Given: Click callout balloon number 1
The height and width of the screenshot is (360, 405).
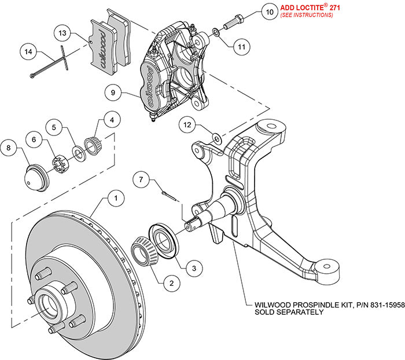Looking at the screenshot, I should pos(116,199).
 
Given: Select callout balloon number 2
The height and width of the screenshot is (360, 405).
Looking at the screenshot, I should pos(169,283).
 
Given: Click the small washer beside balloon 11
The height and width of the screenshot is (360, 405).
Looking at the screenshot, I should pos(215,32).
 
